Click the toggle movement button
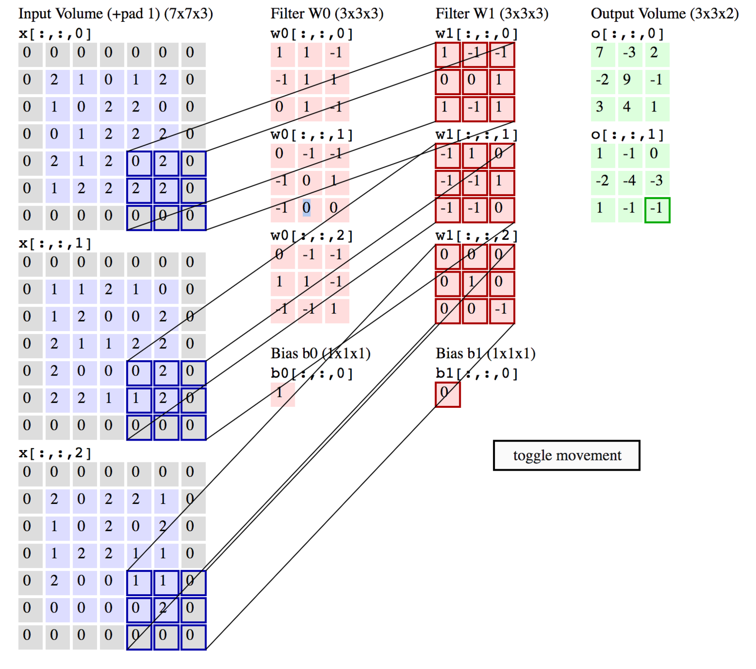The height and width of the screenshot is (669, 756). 566,455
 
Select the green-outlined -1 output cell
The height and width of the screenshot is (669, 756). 657,210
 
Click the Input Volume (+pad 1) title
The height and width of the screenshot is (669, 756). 115,13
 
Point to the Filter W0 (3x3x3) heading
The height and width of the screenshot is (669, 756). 327,13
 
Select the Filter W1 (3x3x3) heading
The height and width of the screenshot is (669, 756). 492,13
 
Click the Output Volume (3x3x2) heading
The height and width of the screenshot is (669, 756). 664,13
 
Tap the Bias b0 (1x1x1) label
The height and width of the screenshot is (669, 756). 321,353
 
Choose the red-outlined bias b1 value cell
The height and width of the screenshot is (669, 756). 447,394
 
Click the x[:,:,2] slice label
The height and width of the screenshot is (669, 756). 55,453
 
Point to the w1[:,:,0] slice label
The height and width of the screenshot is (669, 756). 477,34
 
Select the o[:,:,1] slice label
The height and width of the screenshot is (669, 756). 627,135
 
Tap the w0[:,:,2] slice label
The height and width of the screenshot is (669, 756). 312,236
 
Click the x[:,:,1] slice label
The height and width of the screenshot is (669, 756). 55,243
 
